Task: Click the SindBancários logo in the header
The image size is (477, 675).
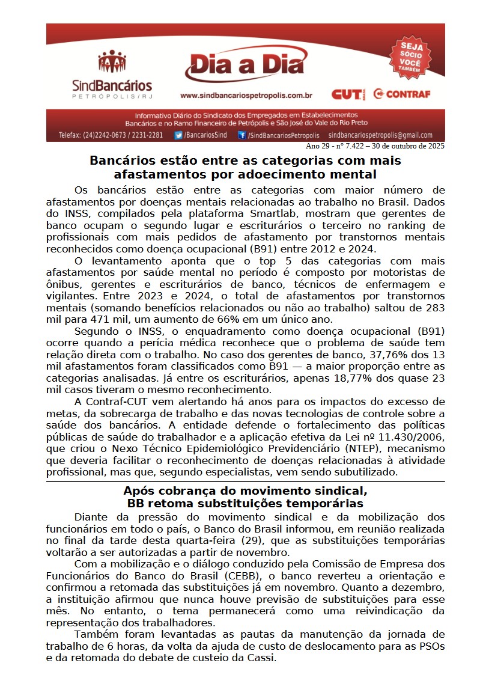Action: pos(112,75)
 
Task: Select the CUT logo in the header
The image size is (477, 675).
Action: pos(348,94)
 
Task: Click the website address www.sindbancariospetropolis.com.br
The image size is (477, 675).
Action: pos(246,95)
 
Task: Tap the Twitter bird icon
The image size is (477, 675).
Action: pos(178,135)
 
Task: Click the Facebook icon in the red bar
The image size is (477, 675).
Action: pos(242,135)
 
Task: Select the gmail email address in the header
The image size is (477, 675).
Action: pos(380,135)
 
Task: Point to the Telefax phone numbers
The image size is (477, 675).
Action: pos(111,135)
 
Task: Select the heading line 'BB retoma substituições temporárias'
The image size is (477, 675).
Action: pos(245,503)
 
